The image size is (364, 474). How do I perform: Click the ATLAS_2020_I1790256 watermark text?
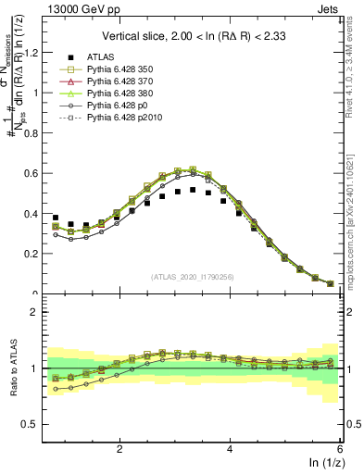(192, 277)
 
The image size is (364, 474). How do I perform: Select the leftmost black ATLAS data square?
(56, 218)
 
